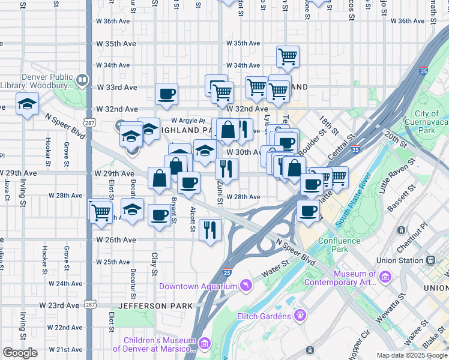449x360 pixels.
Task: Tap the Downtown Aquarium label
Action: [x=197, y=286]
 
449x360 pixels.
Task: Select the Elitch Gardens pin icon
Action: [x=301, y=315]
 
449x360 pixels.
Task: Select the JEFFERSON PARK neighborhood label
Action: [x=155, y=305]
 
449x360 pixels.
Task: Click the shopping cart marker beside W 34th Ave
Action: [x=288, y=56]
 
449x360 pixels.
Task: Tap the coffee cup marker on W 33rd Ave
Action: [x=166, y=94]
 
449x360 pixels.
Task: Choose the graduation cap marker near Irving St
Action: [x=27, y=105]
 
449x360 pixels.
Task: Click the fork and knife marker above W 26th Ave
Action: [x=210, y=230]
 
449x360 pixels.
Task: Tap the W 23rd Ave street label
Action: [x=59, y=305]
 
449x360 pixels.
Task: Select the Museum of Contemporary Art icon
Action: [x=385, y=277]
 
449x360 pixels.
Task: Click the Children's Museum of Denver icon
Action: [x=205, y=343]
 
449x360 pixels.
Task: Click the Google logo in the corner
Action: [x=19, y=352]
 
